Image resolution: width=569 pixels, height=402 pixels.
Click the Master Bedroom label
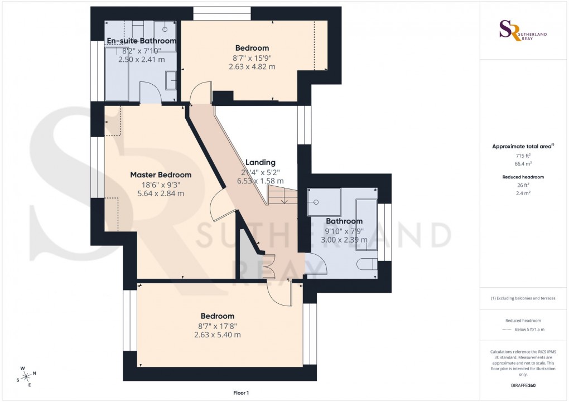tap(161, 175)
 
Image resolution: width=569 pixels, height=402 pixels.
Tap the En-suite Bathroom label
tap(142, 41)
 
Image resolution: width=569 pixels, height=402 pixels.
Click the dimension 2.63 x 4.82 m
tap(252, 66)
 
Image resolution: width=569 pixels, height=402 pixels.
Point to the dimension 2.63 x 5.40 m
tap(217, 335)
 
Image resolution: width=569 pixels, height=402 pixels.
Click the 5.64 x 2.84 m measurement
tap(161, 193)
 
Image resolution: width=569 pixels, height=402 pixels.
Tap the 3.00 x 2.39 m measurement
tap(344, 240)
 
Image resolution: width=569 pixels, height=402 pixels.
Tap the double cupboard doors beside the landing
tap(268, 266)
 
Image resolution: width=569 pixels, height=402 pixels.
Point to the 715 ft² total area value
tap(523, 157)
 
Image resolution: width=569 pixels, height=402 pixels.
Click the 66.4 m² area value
tap(523, 165)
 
